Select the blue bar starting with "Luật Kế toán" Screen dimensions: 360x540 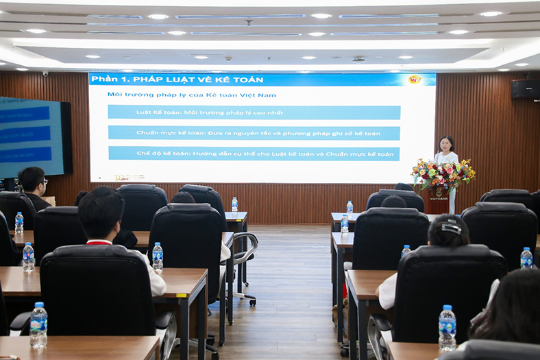pos(254,112)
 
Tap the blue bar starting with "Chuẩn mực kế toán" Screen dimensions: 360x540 pos(254,133)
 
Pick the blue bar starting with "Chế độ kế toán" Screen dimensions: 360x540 pos(254,154)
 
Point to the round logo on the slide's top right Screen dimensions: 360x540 pos(414,80)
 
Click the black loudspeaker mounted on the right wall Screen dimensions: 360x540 pos(525,89)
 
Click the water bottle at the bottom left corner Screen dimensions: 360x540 pos(38,325)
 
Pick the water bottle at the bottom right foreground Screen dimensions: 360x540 pos(447,328)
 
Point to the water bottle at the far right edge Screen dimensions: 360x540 pos(526,258)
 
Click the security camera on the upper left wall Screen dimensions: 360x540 pos(46,73)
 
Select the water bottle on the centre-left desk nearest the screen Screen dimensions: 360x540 pos(234,204)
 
